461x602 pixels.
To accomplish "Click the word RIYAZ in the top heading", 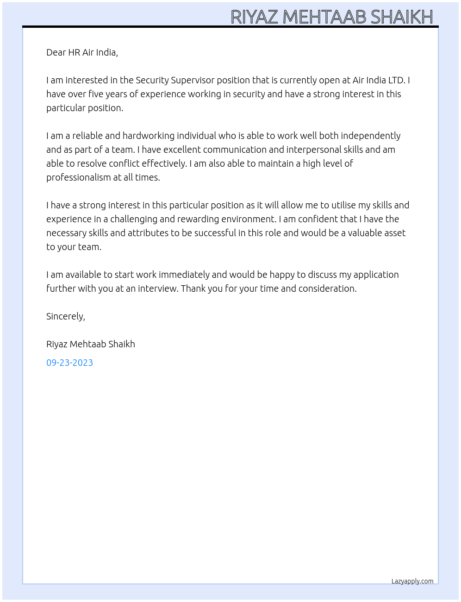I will [x=254, y=17].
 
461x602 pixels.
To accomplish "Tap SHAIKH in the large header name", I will [x=402, y=17].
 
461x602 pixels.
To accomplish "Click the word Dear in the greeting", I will [x=56, y=52].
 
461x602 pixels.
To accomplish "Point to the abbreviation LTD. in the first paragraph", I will [x=397, y=80].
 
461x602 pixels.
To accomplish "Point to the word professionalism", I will [x=78, y=177].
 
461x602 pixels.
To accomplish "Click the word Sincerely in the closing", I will [x=65, y=316].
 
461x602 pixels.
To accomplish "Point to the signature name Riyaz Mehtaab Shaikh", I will [x=91, y=344].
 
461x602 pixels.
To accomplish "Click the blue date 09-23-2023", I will [x=69, y=363].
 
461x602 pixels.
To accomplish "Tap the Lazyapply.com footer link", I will [x=412, y=581].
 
